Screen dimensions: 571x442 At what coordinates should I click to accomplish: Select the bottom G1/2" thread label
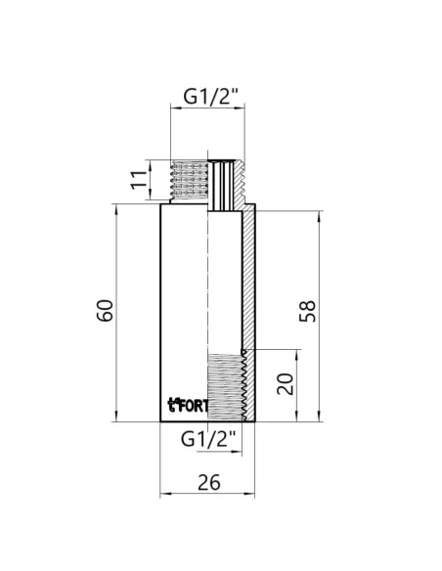(209, 439)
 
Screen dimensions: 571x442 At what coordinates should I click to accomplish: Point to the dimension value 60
(107, 310)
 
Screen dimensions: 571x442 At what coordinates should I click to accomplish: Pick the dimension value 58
(308, 312)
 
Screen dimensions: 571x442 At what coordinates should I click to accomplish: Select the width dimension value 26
(207, 483)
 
